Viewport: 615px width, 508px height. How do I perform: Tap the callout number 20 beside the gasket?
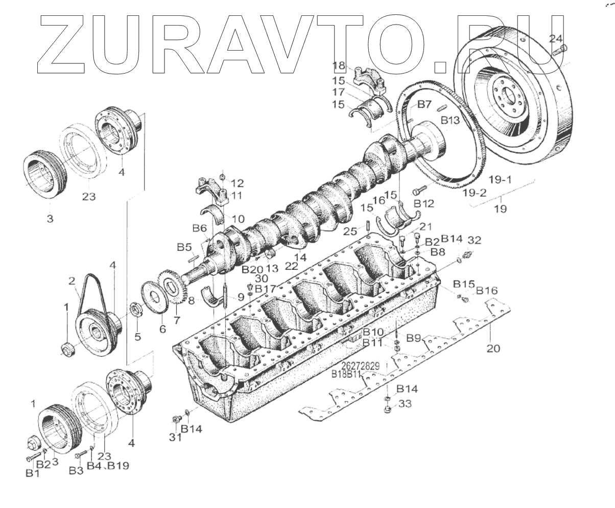pyautogui.click(x=493, y=349)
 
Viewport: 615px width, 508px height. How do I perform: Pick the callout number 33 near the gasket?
pyautogui.click(x=405, y=404)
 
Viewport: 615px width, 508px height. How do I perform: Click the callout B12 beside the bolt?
pyautogui.click(x=424, y=203)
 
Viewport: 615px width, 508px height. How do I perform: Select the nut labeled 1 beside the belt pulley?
pyautogui.click(x=67, y=350)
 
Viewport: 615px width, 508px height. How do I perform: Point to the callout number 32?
pyautogui.click(x=474, y=239)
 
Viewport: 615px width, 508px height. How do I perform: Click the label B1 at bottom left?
pyautogui.click(x=32, y=474)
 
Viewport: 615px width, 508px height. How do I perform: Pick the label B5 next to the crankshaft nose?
pyautogui.click(x=184, y=247)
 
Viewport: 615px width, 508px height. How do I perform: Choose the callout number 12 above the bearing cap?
pyautogui.click(x=237, y=183)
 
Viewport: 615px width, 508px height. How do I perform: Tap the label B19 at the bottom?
pyautogui.click(x=118, y=466)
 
